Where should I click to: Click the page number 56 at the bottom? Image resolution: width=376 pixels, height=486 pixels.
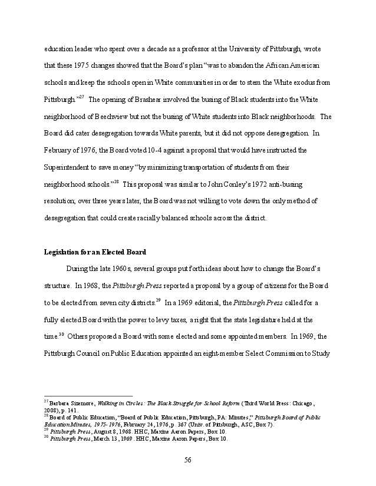(x=188, y=460)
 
